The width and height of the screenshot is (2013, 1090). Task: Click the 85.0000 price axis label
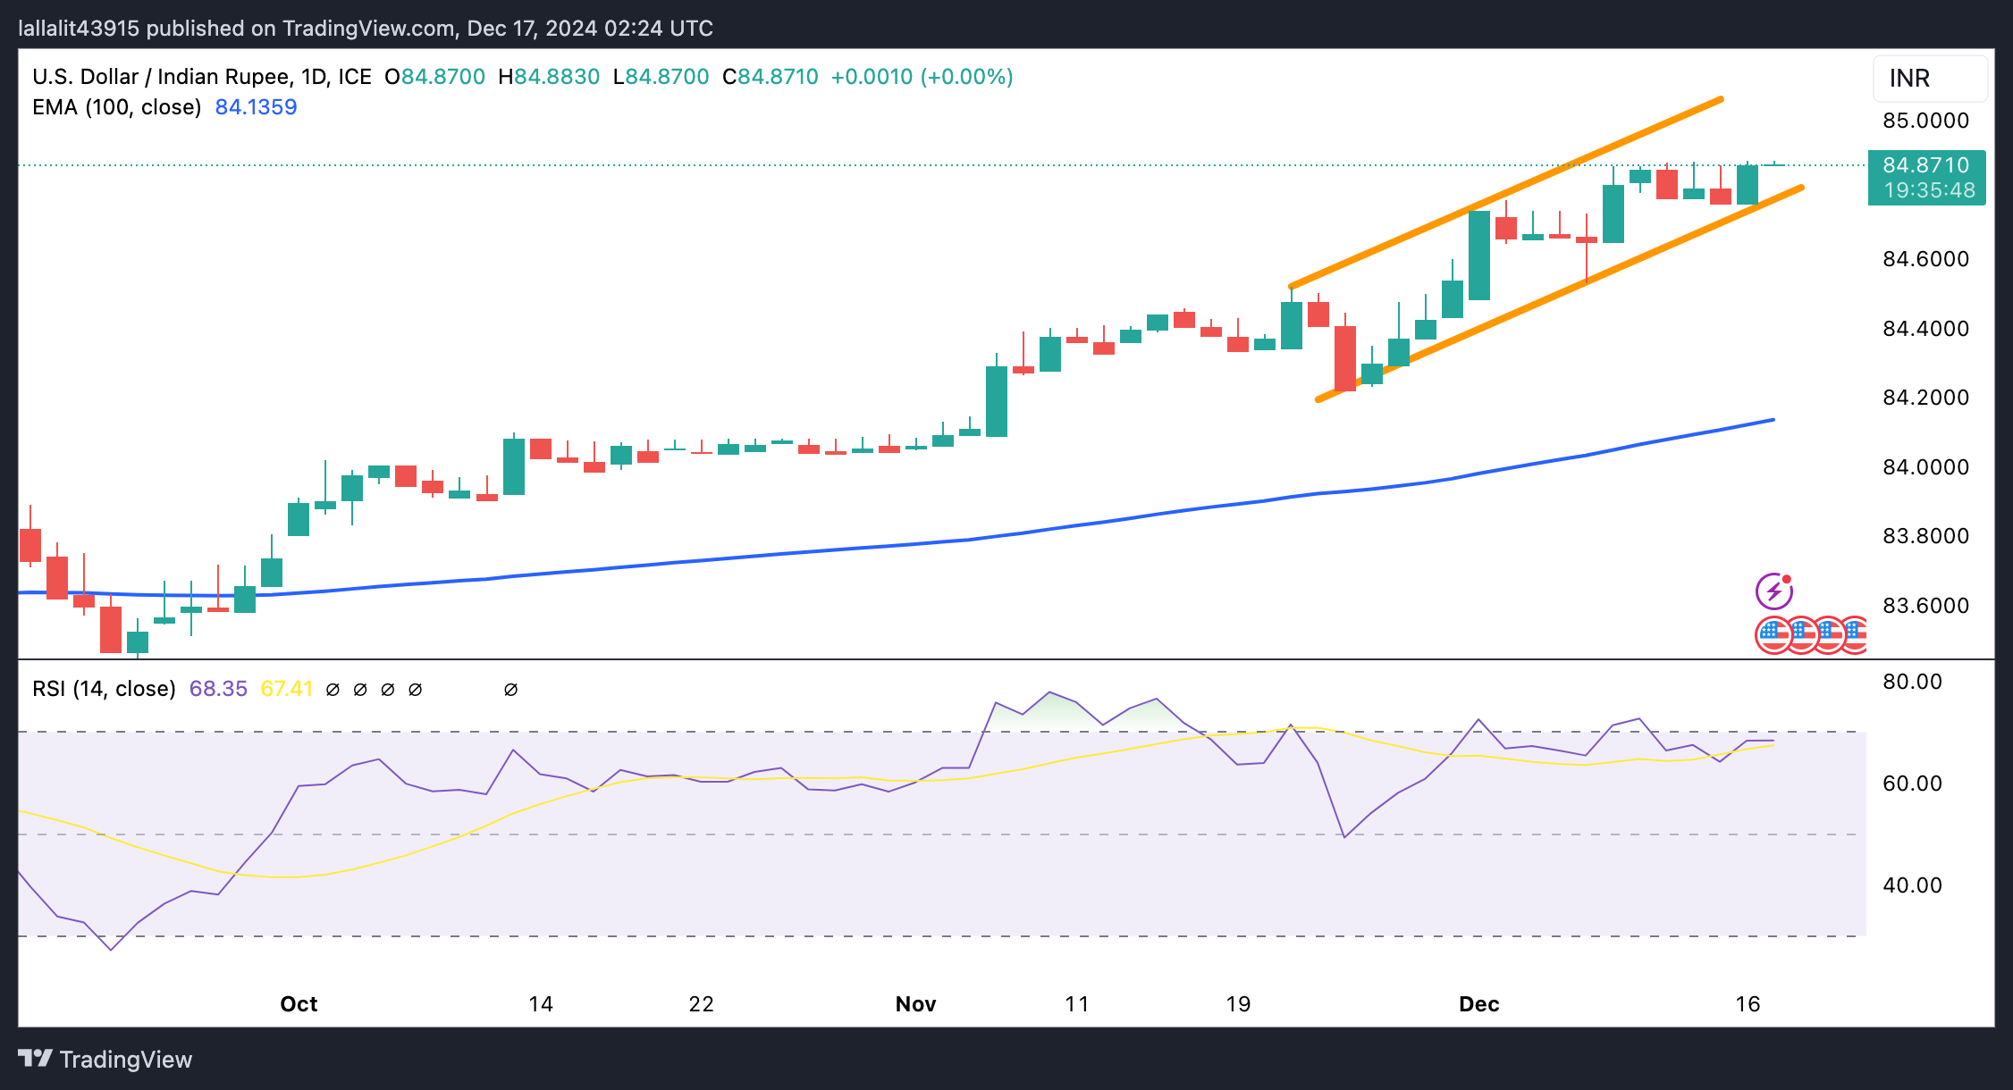pos(1925,121)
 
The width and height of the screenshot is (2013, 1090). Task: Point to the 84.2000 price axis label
pos(1925,398)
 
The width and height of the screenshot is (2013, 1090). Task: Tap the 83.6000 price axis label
pos(1925,606)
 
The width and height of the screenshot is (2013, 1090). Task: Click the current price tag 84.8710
pos(1925,165)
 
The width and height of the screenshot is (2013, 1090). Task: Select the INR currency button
pos(1929,79)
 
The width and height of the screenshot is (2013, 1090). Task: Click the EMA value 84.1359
pos(256,107)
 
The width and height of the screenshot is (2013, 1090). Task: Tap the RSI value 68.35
pos(218,689)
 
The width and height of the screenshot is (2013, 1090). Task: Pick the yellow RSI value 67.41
pos(286,689)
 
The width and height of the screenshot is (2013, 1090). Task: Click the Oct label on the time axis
pos(299,1004)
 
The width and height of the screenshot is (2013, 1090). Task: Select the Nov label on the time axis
pos(915,1004)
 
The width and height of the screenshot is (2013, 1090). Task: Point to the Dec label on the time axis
pos(1478,1004)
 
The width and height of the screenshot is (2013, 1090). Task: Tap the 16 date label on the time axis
pos(1748,1004)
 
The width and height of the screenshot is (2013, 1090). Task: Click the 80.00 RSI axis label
pos(1912,682)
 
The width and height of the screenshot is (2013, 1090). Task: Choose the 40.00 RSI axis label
pos(1912,885)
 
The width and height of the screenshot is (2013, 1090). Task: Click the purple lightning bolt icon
pos(1773,591)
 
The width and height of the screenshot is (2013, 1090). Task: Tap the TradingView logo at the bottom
pos(105,1060)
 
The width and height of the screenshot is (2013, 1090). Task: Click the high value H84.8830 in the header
pos(549,77)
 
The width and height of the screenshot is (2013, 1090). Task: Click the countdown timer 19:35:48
pos(1929,190)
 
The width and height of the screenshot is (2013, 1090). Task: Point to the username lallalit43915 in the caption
pos(79,29)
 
